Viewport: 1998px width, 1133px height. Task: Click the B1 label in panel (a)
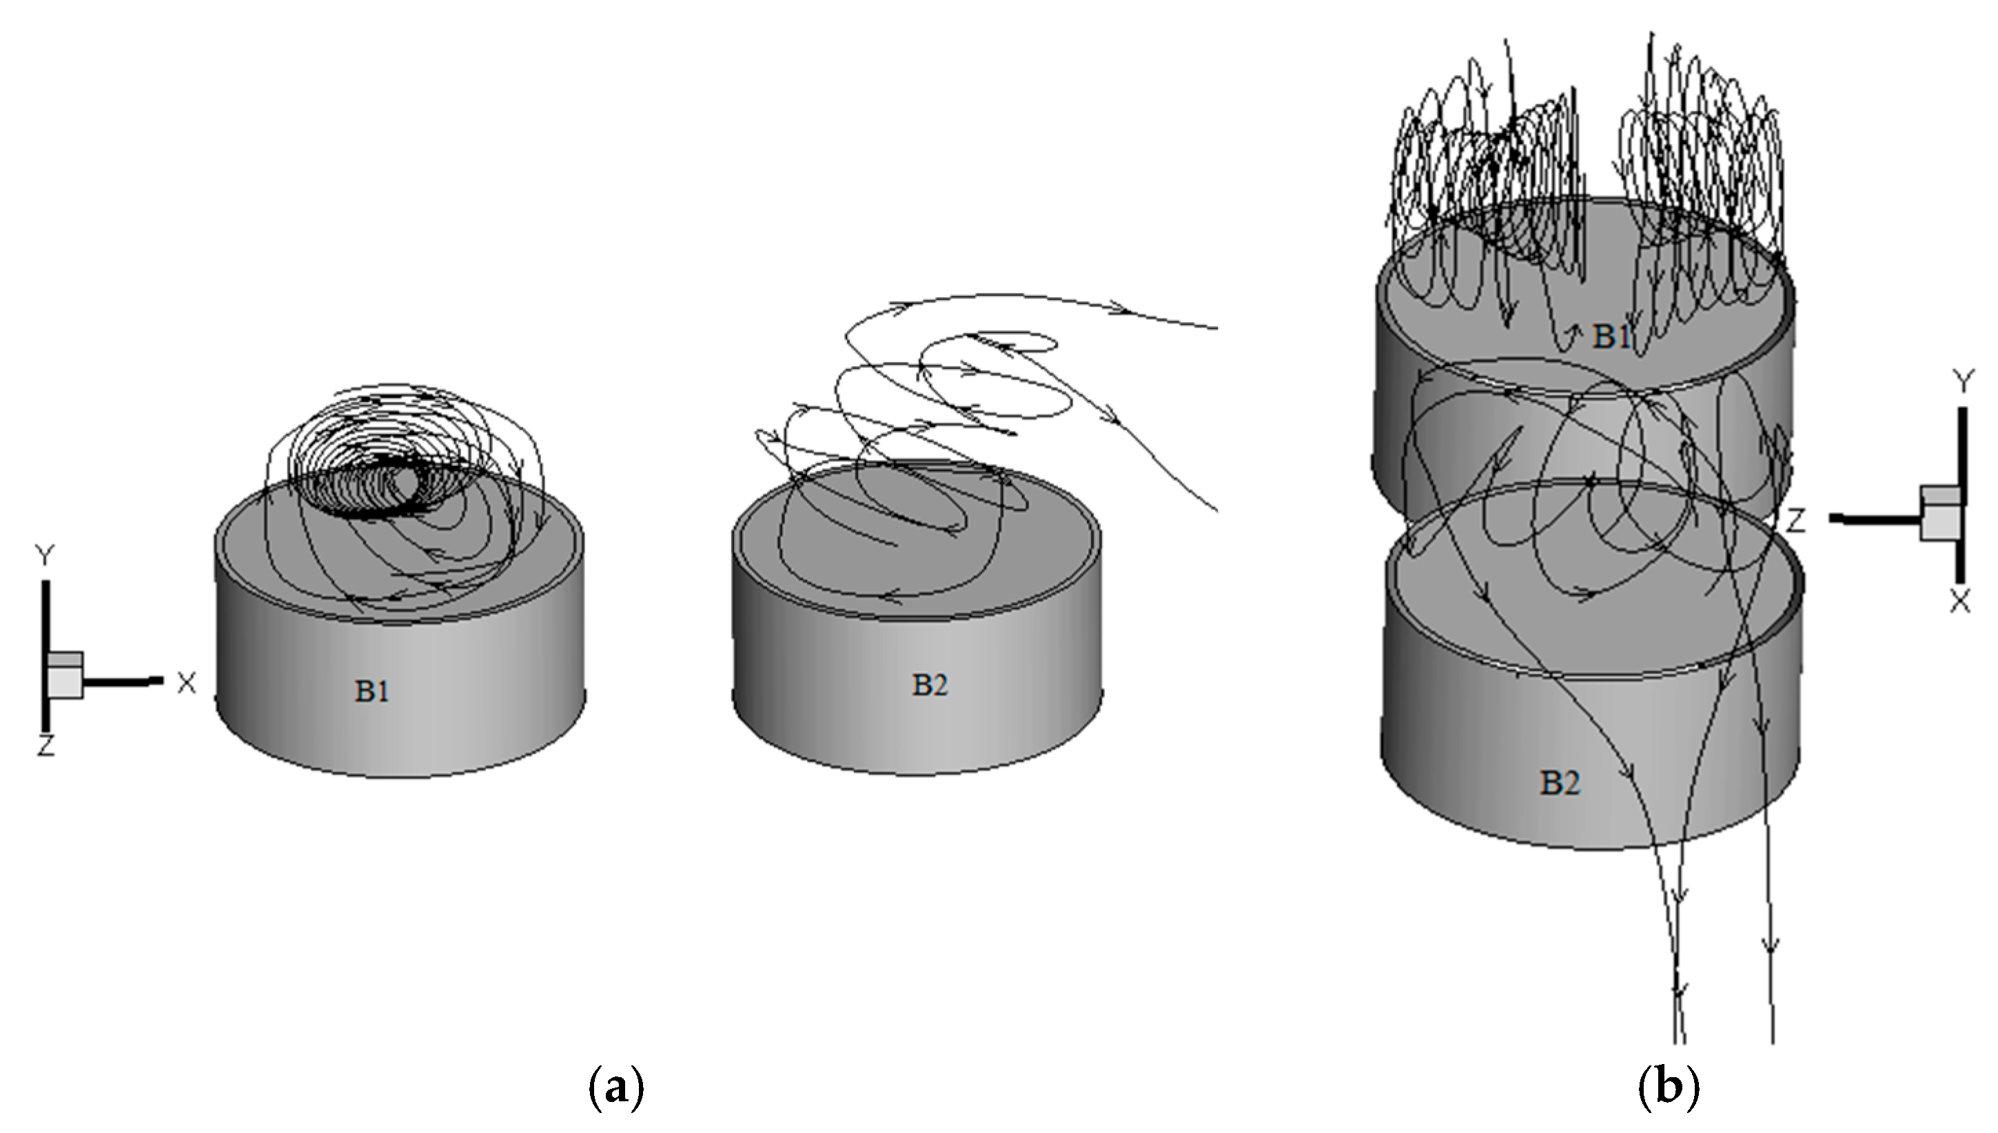371,690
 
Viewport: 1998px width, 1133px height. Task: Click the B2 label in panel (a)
930,685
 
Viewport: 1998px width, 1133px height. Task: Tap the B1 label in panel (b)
1611,336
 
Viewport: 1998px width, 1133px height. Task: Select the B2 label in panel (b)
1560,783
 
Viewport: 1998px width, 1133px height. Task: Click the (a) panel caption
616,1088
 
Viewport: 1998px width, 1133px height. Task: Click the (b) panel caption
1669,1088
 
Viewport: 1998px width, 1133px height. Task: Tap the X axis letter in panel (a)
187,683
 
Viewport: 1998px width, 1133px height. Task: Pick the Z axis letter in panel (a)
45,747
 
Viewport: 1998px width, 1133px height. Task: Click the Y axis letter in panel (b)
1963,381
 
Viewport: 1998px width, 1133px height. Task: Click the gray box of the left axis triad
65,675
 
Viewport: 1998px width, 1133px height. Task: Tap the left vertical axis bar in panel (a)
46,654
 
